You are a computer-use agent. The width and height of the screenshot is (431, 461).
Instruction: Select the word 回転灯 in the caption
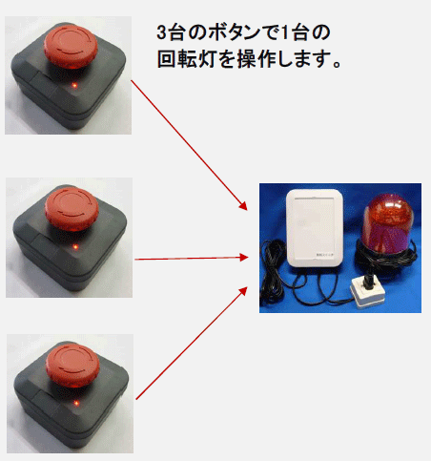pos(191,58)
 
